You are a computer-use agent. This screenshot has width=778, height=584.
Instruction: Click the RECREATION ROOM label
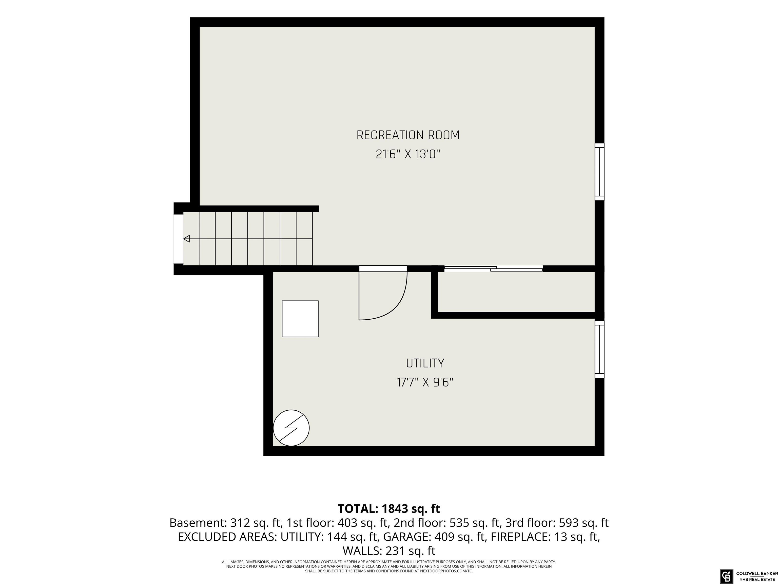coord(408,135)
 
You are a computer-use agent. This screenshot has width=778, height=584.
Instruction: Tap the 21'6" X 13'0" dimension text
coord(408,154)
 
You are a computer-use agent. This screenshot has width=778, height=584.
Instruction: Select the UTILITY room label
coord(425,363)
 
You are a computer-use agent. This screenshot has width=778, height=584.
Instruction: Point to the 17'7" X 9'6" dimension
coord(425,382)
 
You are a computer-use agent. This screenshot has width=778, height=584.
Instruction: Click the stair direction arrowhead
coord(187,239)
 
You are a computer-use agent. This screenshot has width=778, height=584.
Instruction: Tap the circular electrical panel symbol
coord(291,428)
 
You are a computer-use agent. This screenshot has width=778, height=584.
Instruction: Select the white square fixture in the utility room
coord(300,319)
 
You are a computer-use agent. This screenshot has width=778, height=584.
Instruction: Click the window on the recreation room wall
coord(599,172)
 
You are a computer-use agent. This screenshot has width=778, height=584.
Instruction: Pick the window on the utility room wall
coord(599,349)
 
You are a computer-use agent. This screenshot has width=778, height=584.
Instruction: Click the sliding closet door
coord(493,269)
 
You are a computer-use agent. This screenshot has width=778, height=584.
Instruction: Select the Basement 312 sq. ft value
coord(226,523)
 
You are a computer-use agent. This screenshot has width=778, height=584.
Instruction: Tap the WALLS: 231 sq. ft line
coord(389,551)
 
